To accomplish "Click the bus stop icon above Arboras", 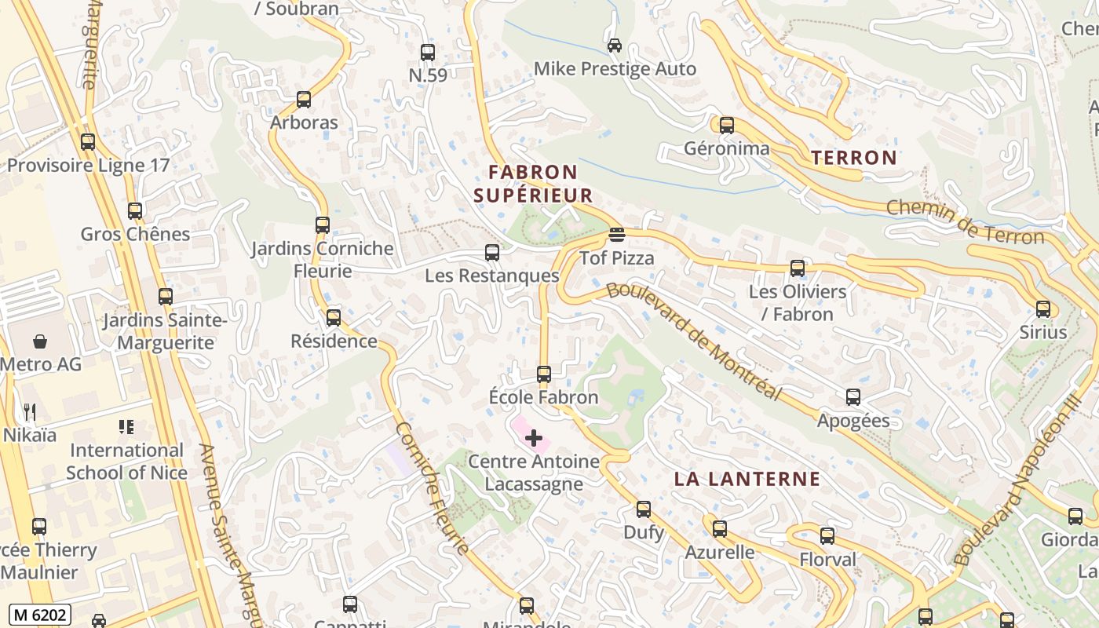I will point(304,100).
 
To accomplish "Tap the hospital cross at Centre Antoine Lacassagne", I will point(534,437).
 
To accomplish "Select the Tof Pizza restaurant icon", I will point(617,235).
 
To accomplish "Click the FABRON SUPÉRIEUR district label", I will point(533,184).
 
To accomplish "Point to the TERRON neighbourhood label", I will point(854,158).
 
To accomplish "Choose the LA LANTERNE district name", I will point(747,479).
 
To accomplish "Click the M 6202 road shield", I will point(40,615).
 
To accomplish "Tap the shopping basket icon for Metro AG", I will point(40,341).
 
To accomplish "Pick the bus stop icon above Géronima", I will point(727,125).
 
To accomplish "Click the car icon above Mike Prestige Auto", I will point(615,46).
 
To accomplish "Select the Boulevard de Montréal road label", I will point(694,341).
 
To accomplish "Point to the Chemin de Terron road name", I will point(966,222).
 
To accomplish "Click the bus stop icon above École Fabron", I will point(544,374).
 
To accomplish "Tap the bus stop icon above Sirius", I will point(1043,309).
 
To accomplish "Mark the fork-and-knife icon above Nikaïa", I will point(30,411).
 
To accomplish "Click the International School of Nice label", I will point(126,462).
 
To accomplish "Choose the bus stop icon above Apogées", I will point(853,397).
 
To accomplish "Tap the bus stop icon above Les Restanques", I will point(492,253).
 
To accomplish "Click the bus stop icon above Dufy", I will point(644,509).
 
